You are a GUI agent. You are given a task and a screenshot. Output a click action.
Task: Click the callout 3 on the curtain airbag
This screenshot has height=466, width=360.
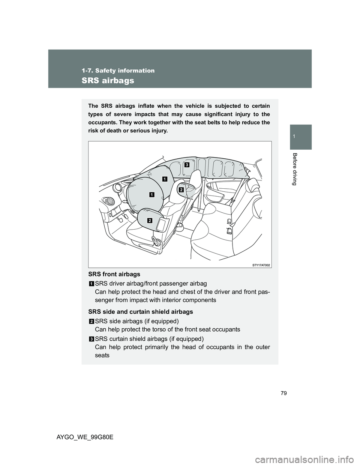(x=186, y=164)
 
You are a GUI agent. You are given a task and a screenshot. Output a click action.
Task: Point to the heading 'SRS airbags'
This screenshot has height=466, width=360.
(x=108, y=80)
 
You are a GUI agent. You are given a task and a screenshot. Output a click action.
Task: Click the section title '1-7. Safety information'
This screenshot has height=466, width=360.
(x=118, y=71)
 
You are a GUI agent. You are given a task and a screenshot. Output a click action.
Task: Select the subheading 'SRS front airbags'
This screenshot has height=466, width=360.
(x=114, y=274)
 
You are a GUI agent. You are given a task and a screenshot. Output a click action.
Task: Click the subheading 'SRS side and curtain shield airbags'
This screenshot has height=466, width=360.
(x=140, y=312)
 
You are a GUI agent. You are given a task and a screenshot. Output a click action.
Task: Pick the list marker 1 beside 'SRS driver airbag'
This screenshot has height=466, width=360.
(x=91, y=283)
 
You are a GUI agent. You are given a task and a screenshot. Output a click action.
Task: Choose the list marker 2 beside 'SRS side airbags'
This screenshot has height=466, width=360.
(x=91, y=321)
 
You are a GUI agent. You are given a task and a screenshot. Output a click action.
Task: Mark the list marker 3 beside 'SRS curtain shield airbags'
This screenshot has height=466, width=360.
(x=91, y=338)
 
